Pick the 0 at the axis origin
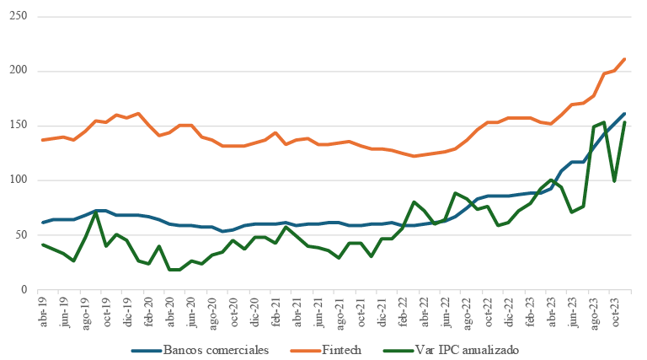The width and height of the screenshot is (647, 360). click(25, 290)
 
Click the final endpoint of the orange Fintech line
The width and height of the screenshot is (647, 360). click(624, 59)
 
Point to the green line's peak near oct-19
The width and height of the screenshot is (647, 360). click(96, 212)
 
